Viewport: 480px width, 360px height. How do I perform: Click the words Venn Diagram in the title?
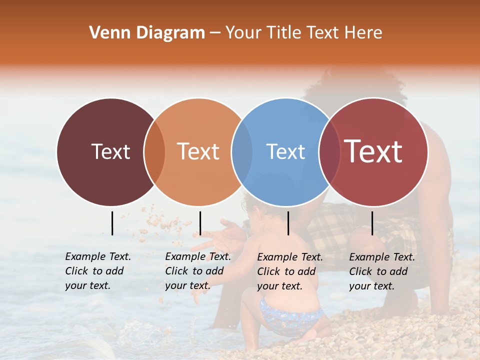(147, 33)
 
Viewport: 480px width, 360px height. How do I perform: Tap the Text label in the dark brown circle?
(110, 151)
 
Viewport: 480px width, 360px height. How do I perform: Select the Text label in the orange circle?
(198, 151)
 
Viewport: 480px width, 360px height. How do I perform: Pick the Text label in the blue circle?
(285, 151)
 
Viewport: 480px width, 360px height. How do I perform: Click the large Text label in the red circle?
(373, 151)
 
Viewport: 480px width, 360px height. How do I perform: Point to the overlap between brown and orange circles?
(154, 152)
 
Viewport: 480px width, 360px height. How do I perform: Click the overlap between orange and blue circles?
(242, 152)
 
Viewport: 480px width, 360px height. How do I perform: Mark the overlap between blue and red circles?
(329, 152)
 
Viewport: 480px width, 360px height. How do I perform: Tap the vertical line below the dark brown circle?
(112, 223)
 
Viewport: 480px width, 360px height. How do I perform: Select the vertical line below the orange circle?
(200, 223)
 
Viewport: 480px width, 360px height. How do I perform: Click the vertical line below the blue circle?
(288, 223)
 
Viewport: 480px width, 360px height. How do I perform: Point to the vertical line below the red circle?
(372, 223)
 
